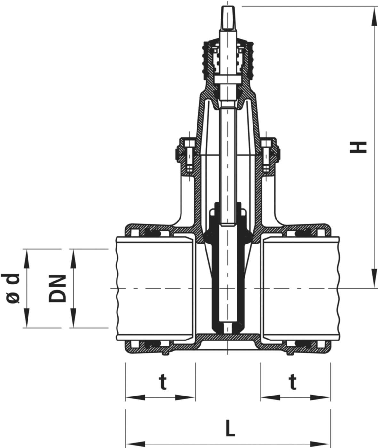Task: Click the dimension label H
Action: click(358, 147)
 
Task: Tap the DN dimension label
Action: click(58, 288)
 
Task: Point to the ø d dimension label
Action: click(13, 288)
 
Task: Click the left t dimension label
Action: click(163, 382)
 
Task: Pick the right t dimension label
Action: click(293, 382)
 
